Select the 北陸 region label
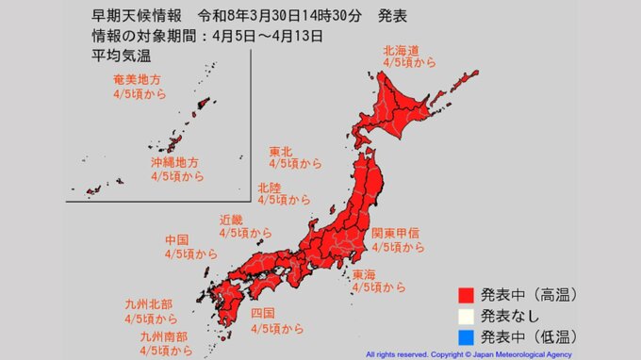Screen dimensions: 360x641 [270, 186]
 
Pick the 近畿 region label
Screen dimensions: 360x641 [231, 218]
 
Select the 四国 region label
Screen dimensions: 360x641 [263, 313]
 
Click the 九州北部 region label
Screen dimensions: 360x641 [148, 303]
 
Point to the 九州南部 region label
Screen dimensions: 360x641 [162, 335]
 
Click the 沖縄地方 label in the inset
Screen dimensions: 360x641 [173, 162]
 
